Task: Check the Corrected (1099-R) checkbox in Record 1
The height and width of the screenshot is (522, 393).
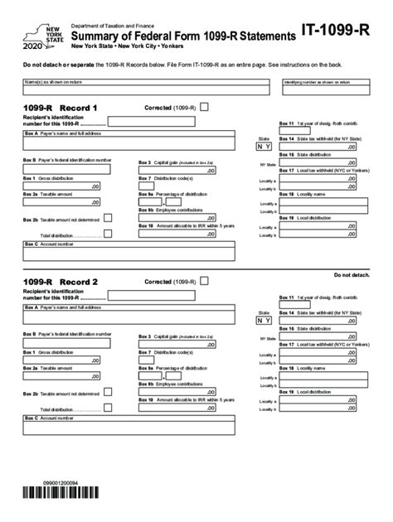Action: click(x=205, y=107)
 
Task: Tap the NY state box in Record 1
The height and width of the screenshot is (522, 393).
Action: click(x=264, y=146)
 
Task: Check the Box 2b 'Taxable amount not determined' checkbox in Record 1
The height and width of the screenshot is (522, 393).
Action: click(x=108, y=219)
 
